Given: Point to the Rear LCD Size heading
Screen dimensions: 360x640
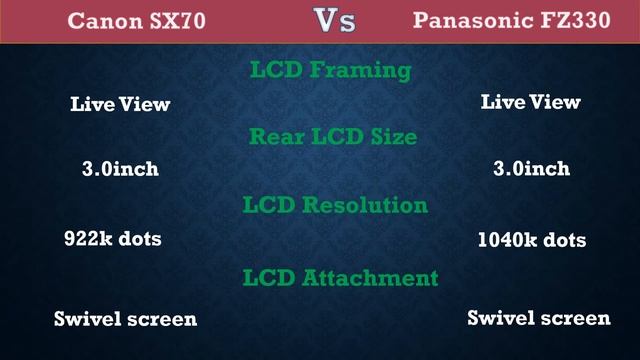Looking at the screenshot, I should (334, 137).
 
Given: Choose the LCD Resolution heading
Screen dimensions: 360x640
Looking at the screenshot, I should (335, 205).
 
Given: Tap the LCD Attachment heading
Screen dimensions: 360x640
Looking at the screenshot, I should (340, 277).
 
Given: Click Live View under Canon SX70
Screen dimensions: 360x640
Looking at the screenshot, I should (120, 104).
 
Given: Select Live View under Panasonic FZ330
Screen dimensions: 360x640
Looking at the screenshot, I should (531, 102).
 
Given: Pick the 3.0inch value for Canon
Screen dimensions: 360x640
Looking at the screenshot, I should (120, 169).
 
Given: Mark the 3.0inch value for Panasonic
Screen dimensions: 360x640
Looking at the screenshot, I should (531, 169).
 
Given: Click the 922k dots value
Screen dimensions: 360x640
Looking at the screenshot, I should (112, 240).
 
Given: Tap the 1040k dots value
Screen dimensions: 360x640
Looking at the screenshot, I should (532, 240).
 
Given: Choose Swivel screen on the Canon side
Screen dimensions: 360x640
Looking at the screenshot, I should (125, 319).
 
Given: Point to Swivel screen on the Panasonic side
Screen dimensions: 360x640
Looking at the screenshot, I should (539, 318).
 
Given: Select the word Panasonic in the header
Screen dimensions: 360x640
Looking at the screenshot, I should (476, 20).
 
